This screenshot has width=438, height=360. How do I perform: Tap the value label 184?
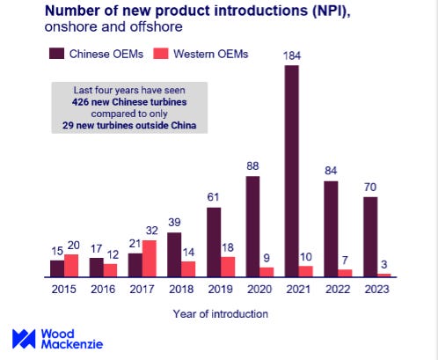(292, 57)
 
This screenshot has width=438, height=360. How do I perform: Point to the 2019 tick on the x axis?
(220, 289)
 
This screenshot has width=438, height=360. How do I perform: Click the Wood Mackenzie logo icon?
(24, 339)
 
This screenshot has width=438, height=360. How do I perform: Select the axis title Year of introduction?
(221, 312)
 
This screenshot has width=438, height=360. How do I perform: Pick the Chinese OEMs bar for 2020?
(253, 226)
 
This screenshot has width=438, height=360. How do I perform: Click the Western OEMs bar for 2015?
(72, 265)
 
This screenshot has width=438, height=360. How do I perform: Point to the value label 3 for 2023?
(384, 265)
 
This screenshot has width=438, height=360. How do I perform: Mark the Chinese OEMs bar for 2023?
(370, 237)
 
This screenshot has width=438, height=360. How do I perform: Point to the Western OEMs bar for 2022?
(345, 272)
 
